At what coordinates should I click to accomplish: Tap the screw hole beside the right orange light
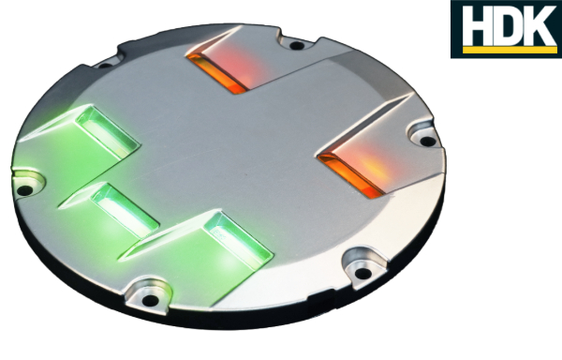(x=427, y=142)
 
